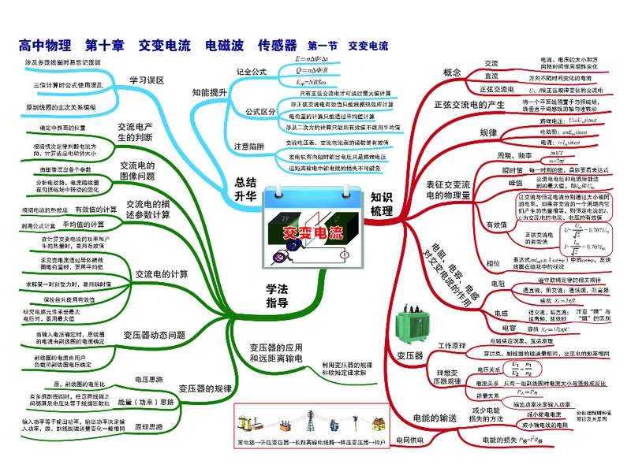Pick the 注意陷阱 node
(x=249, y=147)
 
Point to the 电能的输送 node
(x=435, y=417)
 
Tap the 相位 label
(x=495, y=262)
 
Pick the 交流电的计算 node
(x=162, y=274)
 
